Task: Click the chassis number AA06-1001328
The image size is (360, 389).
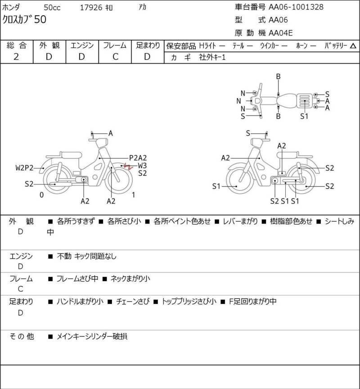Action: pos(296,7)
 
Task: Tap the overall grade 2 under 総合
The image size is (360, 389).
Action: pos(16,57)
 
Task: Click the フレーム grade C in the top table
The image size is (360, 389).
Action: pos(115,57)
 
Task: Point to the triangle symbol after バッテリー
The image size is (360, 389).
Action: pos(353,46)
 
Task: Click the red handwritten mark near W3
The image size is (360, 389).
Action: pos(128,166)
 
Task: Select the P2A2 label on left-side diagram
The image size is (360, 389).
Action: pos(138,158)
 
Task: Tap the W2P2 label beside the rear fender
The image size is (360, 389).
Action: pos(24,168)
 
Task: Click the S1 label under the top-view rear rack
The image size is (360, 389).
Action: pos(304,116)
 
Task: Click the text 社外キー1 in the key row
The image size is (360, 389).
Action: pos(212,58)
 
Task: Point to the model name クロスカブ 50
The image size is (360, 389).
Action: pos(24,19)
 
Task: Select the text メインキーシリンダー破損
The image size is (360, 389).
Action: pos(92,336)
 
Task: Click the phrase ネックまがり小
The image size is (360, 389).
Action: pos(130,279)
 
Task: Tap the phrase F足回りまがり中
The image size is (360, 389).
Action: pos(252,301)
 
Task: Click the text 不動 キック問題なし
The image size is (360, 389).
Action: pos(87,256)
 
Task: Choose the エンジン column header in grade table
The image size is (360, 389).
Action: pos(82,45)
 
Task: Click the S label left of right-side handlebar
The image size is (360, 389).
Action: pos(248,133)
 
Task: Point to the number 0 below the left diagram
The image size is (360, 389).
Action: pos(42,195)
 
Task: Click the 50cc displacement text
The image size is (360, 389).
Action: pos(52,8)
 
